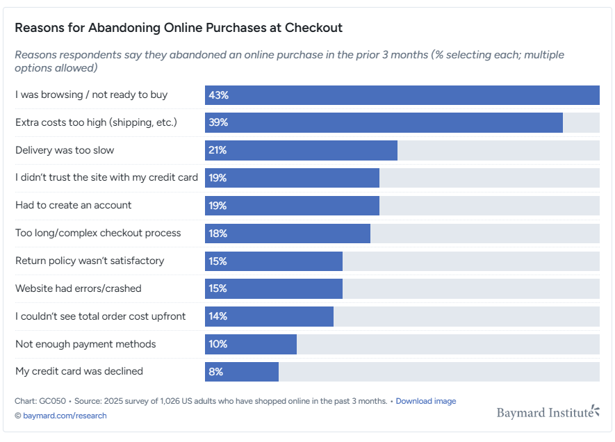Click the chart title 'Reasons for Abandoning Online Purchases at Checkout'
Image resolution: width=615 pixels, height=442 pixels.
point(179,28)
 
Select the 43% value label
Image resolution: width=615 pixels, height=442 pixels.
point(218,95)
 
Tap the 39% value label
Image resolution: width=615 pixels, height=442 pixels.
point(218,123)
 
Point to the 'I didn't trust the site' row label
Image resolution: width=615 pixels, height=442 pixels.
point(106,178)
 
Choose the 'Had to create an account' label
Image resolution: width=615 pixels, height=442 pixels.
point(73,206)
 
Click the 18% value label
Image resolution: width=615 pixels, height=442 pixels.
point(218,234)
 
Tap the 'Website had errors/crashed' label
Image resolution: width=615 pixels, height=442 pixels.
point(78,288)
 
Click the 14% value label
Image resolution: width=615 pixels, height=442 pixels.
point(218,316)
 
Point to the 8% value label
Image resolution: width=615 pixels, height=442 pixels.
point(215,372)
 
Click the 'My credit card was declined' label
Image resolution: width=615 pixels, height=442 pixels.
point(79,372)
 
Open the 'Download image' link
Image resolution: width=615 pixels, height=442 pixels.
point(426,401)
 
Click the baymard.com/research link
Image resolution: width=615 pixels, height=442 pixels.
point(65,416)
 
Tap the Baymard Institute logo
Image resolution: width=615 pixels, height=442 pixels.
point(548,412)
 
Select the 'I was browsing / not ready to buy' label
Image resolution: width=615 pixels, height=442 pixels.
point(91,95)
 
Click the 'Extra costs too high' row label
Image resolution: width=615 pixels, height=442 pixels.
point(96,123)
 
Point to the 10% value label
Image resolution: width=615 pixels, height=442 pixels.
point(218,344)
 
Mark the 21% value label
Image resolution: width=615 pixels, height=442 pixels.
point(218,150)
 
